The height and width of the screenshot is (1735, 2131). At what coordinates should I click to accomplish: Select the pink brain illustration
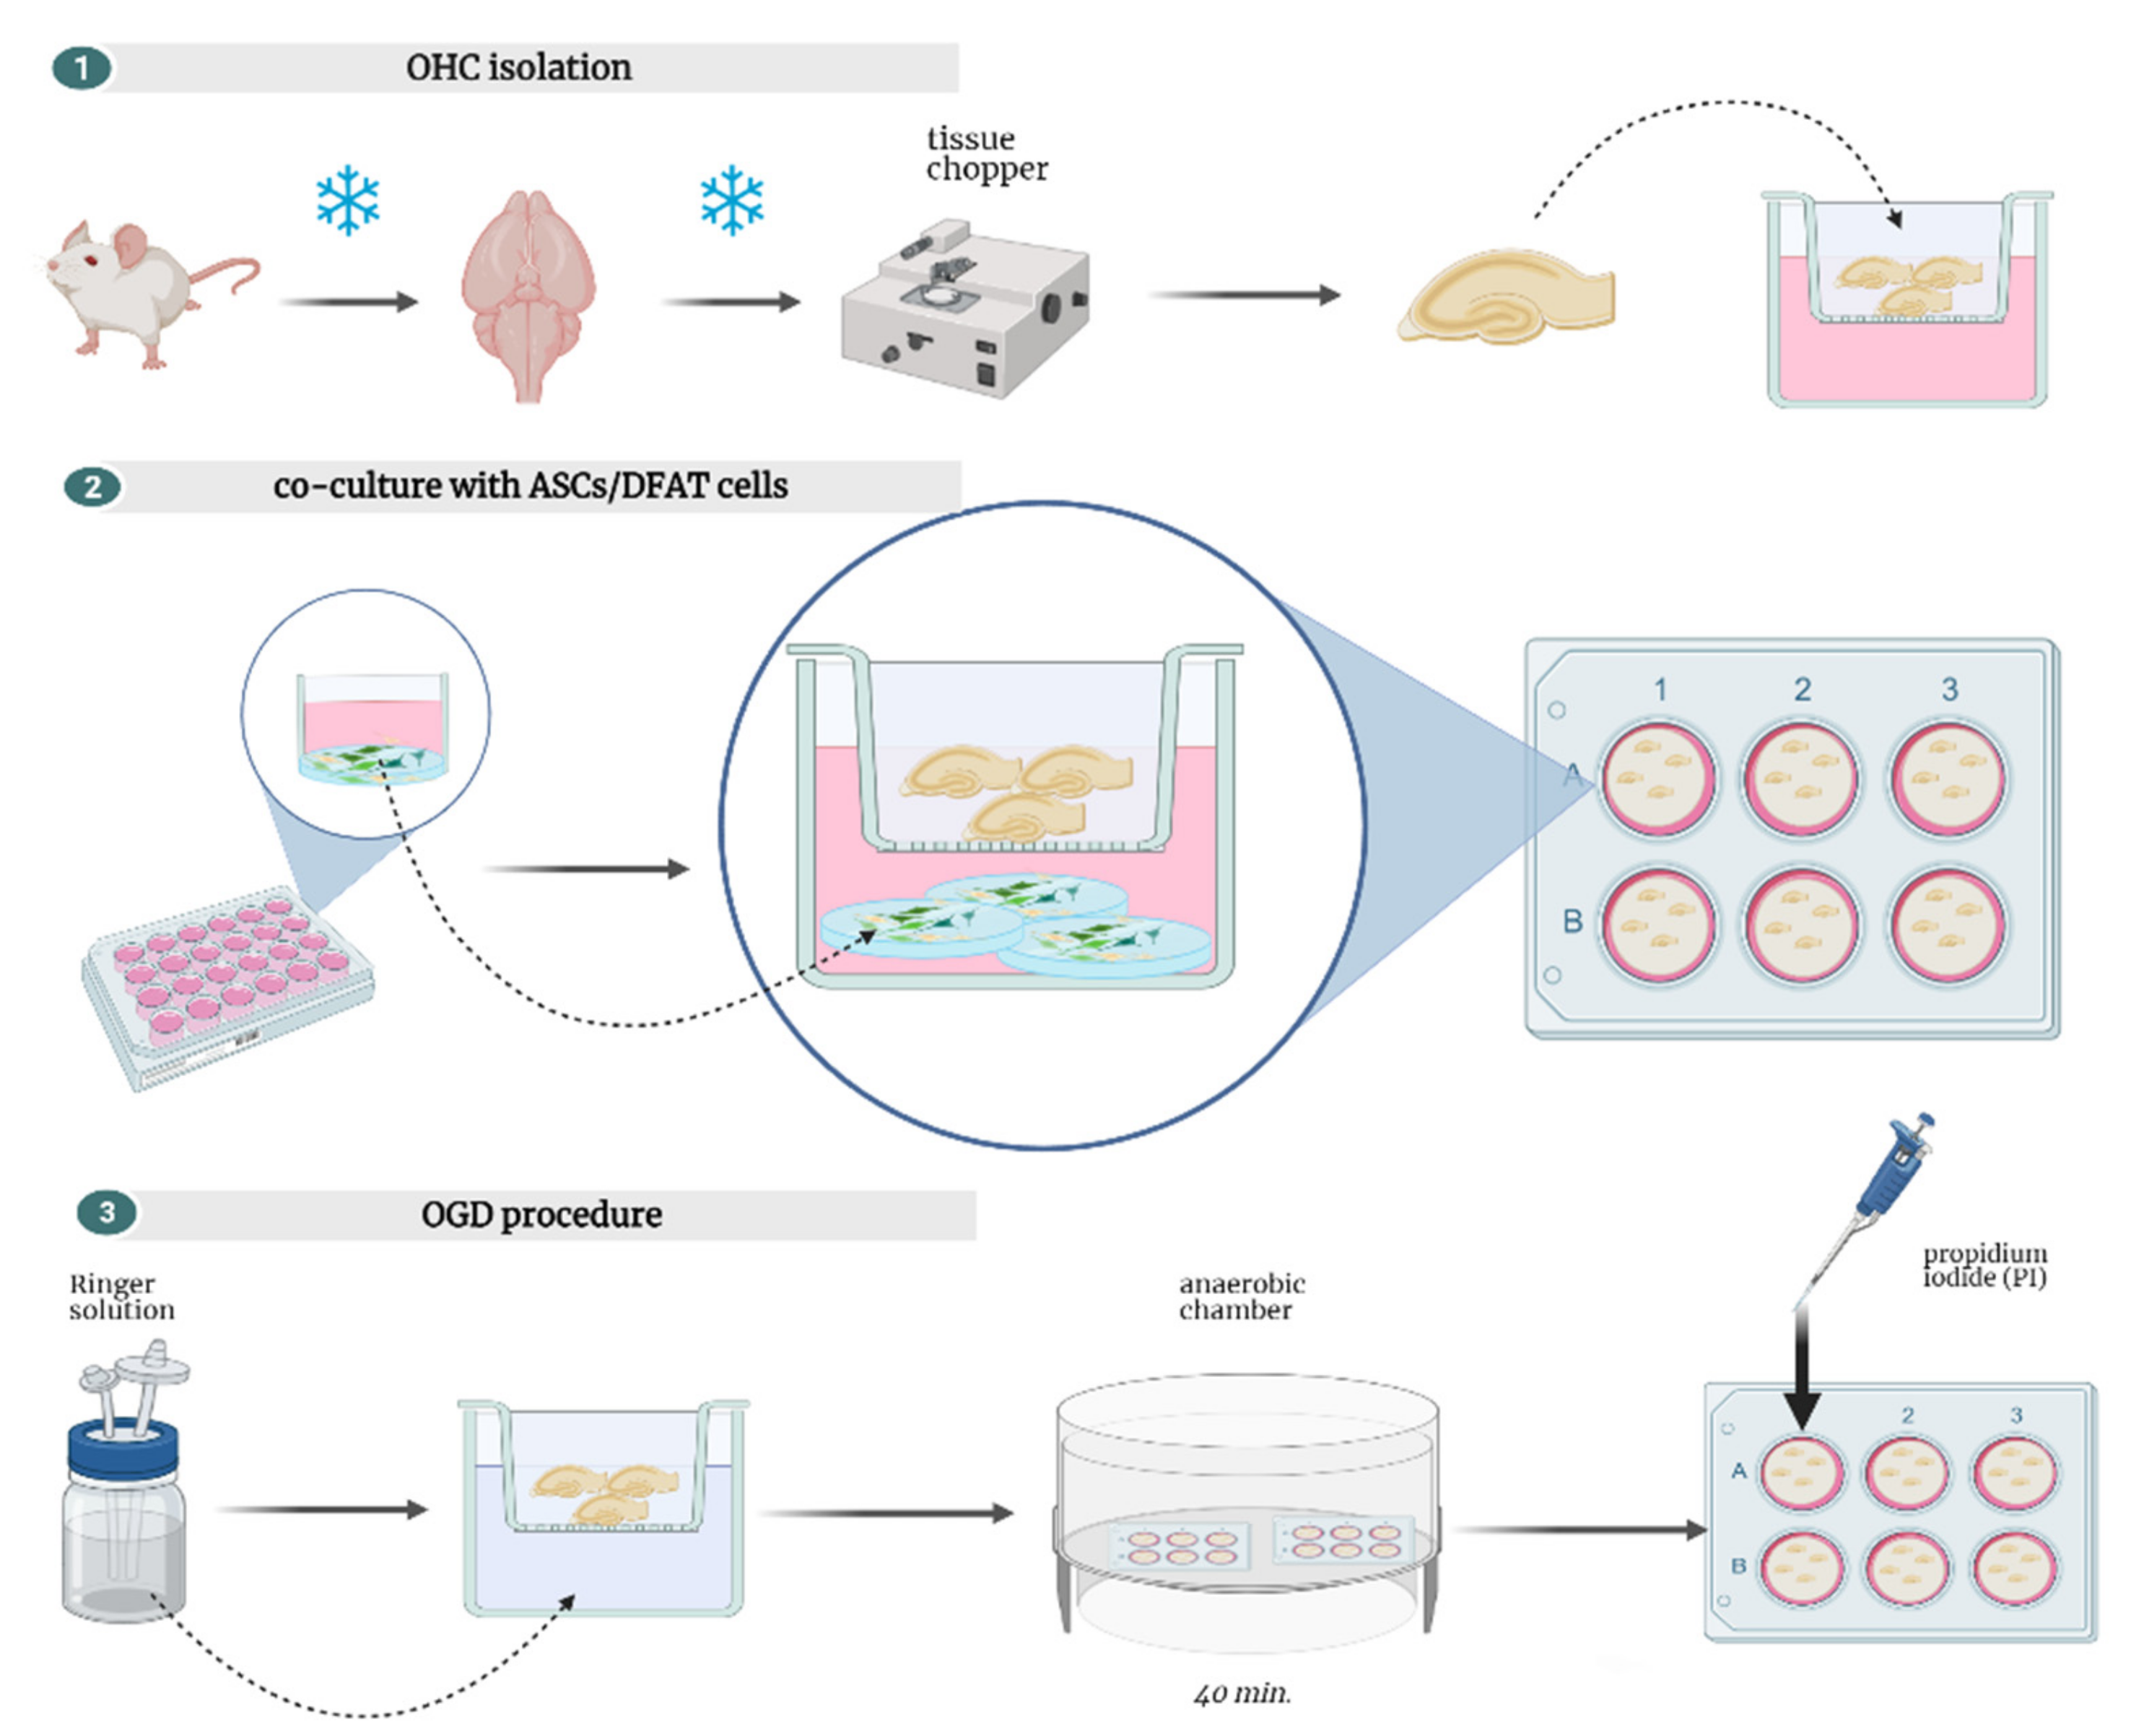pyautogui.click(x=528, y=295)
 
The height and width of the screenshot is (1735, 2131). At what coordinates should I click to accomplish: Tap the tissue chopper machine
pyautogui.click(x=964, y=310)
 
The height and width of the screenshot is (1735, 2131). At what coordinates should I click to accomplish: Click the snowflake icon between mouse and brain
pyautogui.click(x=347, y=200)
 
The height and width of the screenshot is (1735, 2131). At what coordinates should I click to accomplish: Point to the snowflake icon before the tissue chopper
pyautogui.click(x=732, y=200)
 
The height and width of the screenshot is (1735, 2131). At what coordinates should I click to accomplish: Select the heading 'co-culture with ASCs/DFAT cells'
pyautogui.click(x=530, y=486)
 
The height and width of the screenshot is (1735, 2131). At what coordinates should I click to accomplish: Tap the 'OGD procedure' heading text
pyautogui.click(x=541, y=1215)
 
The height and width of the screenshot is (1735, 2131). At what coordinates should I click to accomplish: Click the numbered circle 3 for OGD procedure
pyautogui.click(x=106, y=1212)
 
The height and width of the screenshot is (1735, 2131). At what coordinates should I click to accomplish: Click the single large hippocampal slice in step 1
pyautogui.click(x=1505, y=297)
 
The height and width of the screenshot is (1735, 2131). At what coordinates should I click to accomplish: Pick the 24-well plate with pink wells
pyautogui.click(x=228, y=984)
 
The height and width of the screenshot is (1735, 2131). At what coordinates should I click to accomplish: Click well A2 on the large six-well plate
pyautogui.click(x=1800, y=779)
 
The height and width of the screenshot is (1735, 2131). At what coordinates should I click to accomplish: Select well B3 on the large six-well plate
pyautogui.click(x=1946, y=925)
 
